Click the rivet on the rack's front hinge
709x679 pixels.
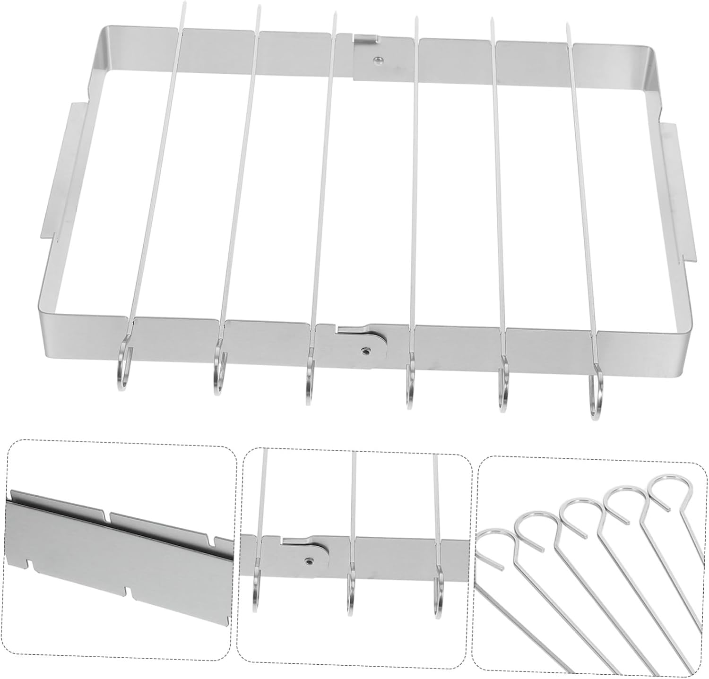[x=365, y=352]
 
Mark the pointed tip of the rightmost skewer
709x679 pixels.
[x=567, y=25]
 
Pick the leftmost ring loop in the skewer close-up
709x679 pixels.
[x=494, y=548]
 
